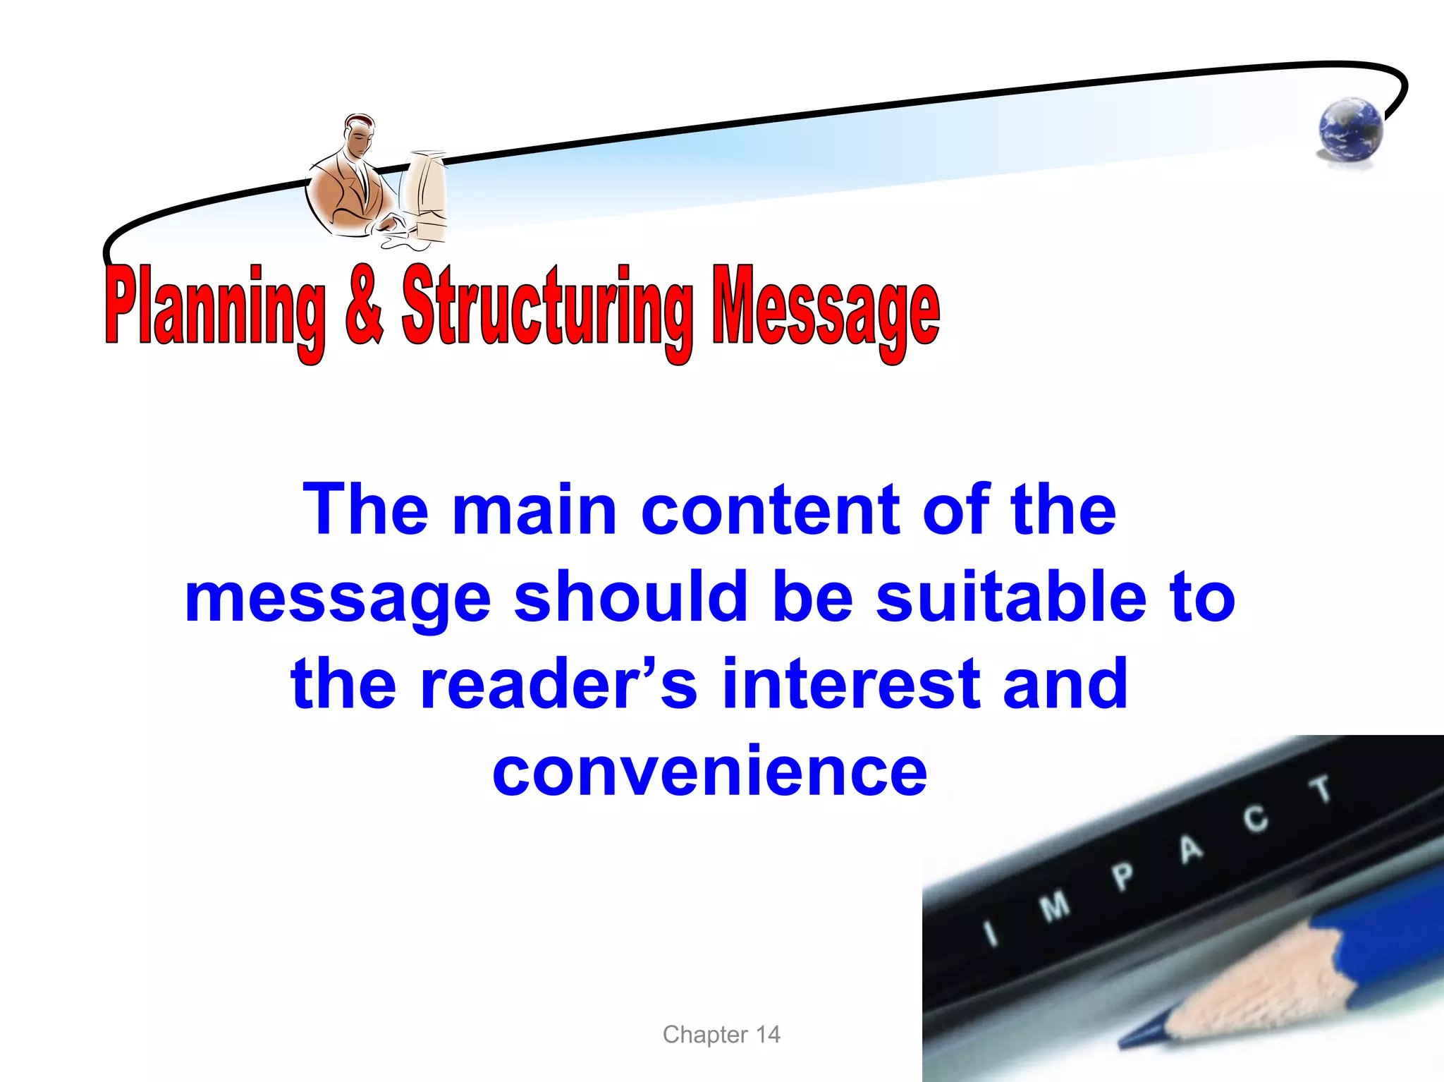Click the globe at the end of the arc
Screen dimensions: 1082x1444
(x=1350, y=130)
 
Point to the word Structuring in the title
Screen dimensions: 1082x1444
(x=547, y=310)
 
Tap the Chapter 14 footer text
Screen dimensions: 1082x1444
(x=721, y=1034)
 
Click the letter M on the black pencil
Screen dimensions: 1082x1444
(x=1056, y=906)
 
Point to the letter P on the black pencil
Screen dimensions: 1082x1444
(x=1123, y=877)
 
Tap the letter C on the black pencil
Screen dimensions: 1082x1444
(x=1255, y=819)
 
